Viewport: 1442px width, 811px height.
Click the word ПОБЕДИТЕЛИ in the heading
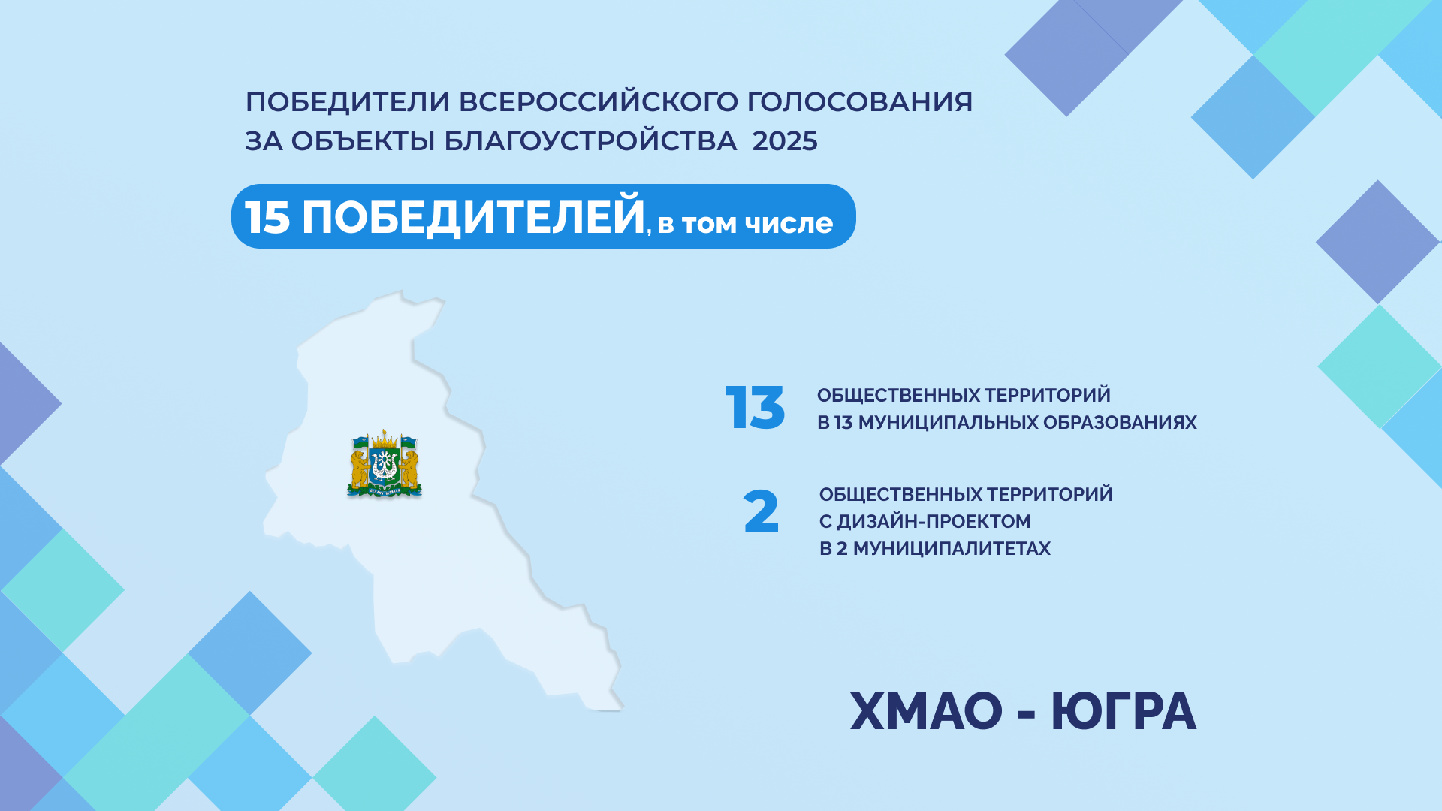coord(348,102)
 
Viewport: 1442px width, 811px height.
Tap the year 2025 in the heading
coord(785,141)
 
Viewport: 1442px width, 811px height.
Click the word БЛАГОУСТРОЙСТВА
coord(590,141)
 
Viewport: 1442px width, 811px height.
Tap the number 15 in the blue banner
coord(267,219)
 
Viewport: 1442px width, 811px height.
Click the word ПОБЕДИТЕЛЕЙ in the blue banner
coord(473,216)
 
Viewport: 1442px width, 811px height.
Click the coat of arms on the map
coord(385,463)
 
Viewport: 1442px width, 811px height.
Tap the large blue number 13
coord(756,408)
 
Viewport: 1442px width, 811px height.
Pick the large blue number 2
coord(762,512)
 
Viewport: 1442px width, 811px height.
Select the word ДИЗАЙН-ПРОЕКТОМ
coord(934,521)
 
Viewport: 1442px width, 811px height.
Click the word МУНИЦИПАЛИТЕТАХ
coord(952,549)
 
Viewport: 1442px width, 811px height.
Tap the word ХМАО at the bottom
coord(927,711)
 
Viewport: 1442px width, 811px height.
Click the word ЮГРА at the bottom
coord(1124,711)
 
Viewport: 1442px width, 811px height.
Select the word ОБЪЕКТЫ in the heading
coord(363,141)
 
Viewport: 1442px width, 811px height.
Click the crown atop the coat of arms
coord(385,439)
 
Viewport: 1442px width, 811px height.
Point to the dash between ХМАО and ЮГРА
coord(1027,713)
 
